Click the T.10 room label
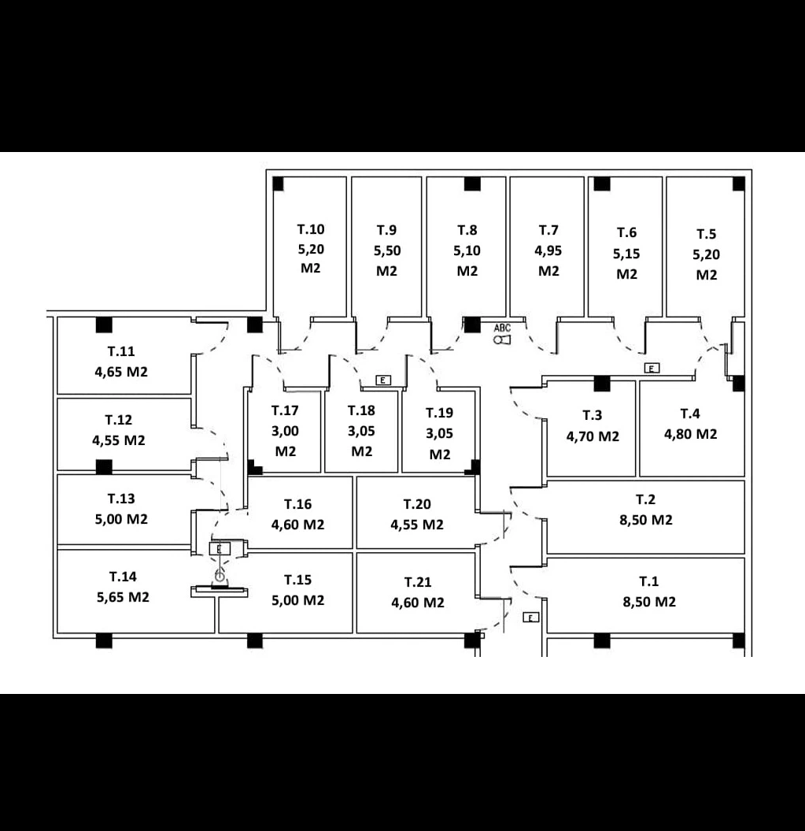[310, 229]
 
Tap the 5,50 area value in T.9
[387, 250]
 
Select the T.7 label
[548, 230]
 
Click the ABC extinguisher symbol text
[502, 328]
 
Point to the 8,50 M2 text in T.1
[649, 602]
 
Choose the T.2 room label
[645, 499]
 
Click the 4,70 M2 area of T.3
[593, 436]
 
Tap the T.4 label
[690, 414]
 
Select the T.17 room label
[285, 410]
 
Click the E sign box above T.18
[383, 380]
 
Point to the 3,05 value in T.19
[440, 433]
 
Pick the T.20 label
[417, 504]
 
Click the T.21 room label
[418, 582]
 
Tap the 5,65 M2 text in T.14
[123, 597]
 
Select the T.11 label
[121, 351]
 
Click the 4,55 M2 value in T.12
[119, 440]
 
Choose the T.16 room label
[297, 504]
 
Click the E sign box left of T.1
[530, 618]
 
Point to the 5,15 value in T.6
[626, 254]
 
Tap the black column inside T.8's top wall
[472, 184]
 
